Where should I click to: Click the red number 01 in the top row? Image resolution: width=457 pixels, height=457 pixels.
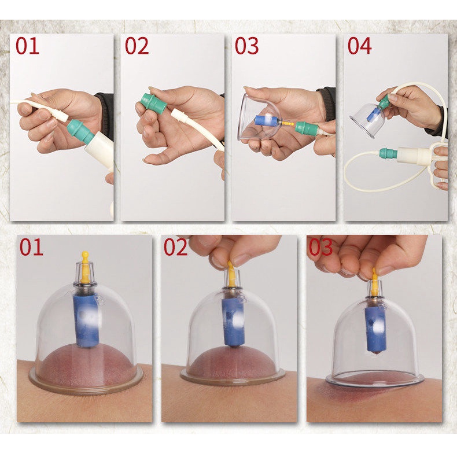[x=27, y=46]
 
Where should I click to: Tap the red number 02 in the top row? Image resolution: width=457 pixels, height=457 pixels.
[x=137, y=46]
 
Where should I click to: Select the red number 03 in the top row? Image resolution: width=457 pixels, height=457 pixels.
[x=246, y=46]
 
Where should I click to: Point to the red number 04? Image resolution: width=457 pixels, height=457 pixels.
[x=359, y=46]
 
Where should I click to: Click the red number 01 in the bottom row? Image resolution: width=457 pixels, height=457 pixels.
[x=31, y=247]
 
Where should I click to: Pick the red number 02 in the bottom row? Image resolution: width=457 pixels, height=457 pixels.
[x=175, y=247]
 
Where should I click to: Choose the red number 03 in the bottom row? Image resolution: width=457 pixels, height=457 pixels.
[x=320, y=247]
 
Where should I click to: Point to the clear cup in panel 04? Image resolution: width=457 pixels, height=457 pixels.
[x=367, y=120]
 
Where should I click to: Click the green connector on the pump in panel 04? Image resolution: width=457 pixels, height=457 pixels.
[x=389, y=153]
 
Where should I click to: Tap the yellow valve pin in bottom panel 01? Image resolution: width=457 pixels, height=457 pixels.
[x=85, y=267]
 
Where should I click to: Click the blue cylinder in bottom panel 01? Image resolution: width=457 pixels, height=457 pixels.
[x=87, y=320]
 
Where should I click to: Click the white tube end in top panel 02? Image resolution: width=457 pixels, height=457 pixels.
[x=178, y=115]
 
